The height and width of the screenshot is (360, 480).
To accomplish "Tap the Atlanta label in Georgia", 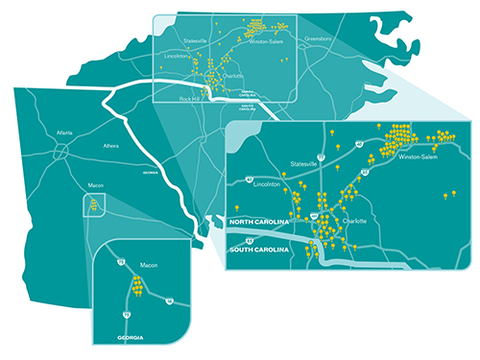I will pos(65,133).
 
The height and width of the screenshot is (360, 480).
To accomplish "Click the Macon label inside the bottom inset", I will pos(149,263).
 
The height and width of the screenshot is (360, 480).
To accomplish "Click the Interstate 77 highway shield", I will pos(323,153).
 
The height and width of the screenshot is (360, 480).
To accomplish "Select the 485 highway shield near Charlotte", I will pos(314,219).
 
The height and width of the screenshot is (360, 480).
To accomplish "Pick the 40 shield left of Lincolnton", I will pos(249,179).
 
